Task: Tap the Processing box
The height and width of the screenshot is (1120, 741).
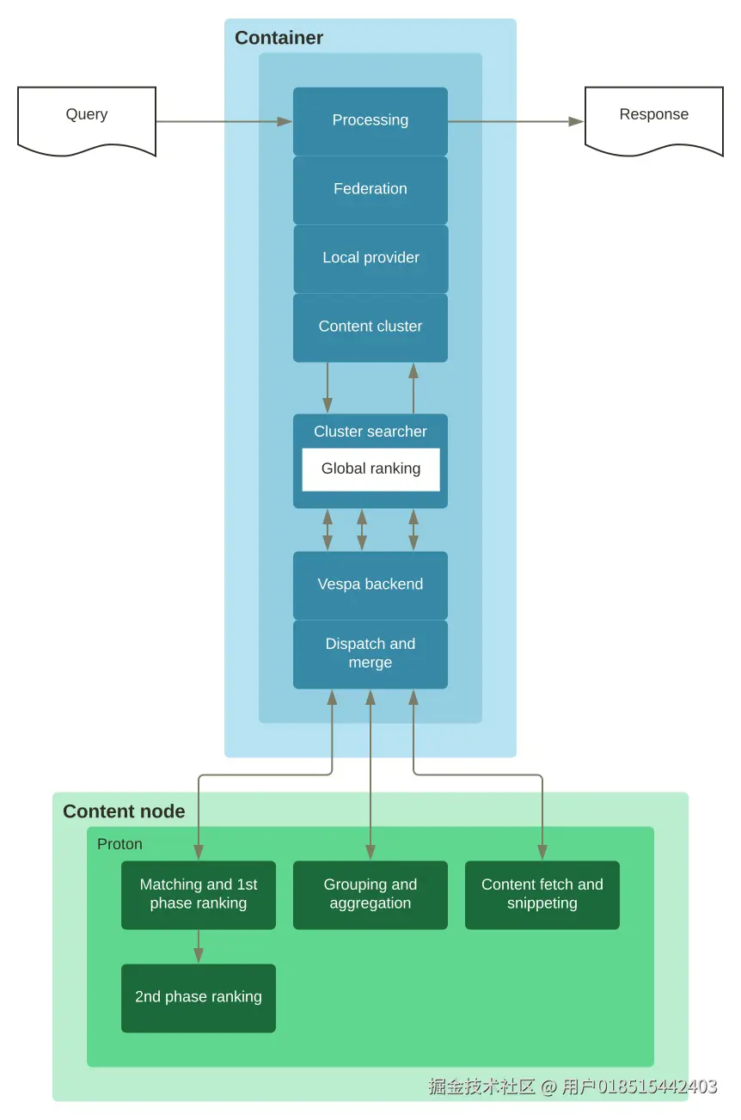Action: (x=370, y=120)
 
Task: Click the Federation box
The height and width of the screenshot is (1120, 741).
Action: (x=370, y=189)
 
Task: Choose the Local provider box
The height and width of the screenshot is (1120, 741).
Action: (x=370, y=258)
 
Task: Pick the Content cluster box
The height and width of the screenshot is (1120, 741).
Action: (x=370, y=327)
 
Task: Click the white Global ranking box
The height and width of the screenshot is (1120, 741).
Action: (x=370, y=469)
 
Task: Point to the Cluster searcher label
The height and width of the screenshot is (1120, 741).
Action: (x=370, y=431)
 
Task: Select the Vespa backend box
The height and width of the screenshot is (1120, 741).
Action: (x=370, y=584)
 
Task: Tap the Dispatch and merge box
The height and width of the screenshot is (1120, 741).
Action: (x=370, y=653)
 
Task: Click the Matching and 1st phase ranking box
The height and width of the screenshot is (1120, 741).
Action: (x=199, y=895)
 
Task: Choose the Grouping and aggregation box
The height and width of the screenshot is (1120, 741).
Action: (x=370, y=895)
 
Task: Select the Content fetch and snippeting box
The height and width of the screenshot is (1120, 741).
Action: (x=542, y=895)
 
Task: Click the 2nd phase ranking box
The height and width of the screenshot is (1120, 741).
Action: (x=199, y=997)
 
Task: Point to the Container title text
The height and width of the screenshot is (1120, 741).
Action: (x=279, y=38)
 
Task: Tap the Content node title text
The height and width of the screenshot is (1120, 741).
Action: (x=124, y=811)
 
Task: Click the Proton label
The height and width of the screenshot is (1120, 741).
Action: (x=119, y=844)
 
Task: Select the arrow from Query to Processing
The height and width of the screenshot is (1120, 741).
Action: (x=224, y=122)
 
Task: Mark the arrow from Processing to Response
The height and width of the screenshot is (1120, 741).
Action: (x=516, y=122)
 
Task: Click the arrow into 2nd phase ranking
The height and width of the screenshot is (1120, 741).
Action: (x=199, y=946)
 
